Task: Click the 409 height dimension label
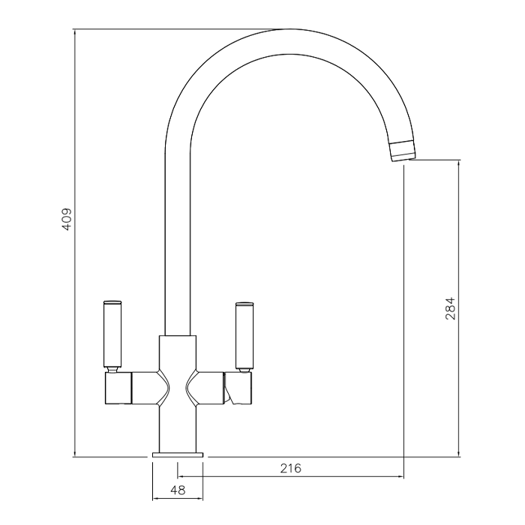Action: tap(67, 219)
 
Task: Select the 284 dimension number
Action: tap(450, 308)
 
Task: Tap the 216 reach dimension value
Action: tap(291, 468)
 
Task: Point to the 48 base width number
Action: tap(178, 490)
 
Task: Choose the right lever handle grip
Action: tap(244, 336)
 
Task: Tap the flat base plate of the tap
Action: tap(178, 454)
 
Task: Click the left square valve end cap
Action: tap(118, 388)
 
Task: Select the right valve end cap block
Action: tap(238, 388)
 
